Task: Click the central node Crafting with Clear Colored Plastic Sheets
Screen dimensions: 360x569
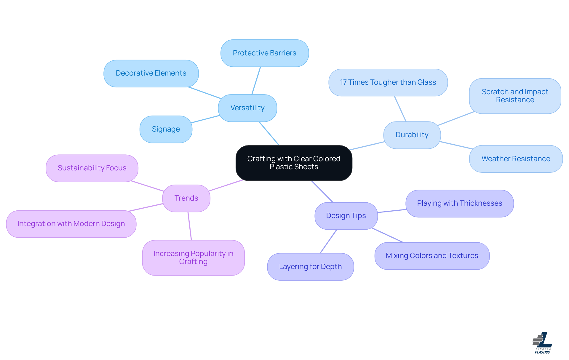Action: (294, 163)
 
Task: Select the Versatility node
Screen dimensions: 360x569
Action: (247, 108)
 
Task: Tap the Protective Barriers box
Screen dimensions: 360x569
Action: (264, 53)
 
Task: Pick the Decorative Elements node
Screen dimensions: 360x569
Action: (151, 73)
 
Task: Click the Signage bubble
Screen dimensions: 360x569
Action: (166, 129)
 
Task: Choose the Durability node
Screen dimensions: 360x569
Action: (412, 135)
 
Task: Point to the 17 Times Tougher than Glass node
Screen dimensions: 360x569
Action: (388, 82)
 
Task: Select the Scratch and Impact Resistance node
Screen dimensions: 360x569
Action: (515, 96)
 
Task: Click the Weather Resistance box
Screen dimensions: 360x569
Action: (516, 159)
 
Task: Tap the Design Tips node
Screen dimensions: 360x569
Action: (346, 216)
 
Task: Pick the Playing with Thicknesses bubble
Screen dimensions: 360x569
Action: (459, 203)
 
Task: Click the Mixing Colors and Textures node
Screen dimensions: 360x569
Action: (432, 256)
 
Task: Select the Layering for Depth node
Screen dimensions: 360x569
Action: (310, 267)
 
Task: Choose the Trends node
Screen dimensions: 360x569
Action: (186, 198)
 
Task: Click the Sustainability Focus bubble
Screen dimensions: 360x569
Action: (92, 168)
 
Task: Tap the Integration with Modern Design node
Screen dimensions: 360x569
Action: (71, 224)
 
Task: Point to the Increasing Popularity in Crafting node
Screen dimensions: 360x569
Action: (193, 257)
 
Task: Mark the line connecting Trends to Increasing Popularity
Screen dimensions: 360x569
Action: (190, 226)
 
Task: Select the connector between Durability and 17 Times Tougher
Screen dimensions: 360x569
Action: (400, 109)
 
